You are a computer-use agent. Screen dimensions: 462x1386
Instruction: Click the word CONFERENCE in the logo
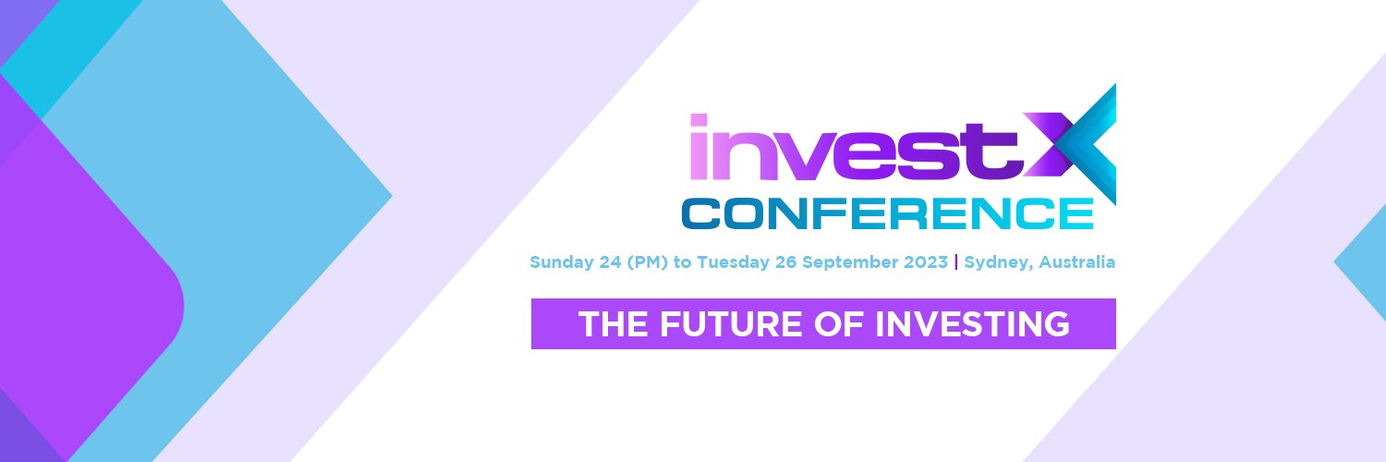tap(887, 213)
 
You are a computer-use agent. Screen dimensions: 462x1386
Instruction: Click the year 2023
tap(927, 261)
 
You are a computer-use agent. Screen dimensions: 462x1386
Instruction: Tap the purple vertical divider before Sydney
tap(955, 261)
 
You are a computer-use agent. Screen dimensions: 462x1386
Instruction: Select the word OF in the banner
tap(837, 324)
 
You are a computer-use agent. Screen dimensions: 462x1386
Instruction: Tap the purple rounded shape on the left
tap(83, 296)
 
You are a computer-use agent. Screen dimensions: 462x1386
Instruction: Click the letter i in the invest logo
tap(699, 148)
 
